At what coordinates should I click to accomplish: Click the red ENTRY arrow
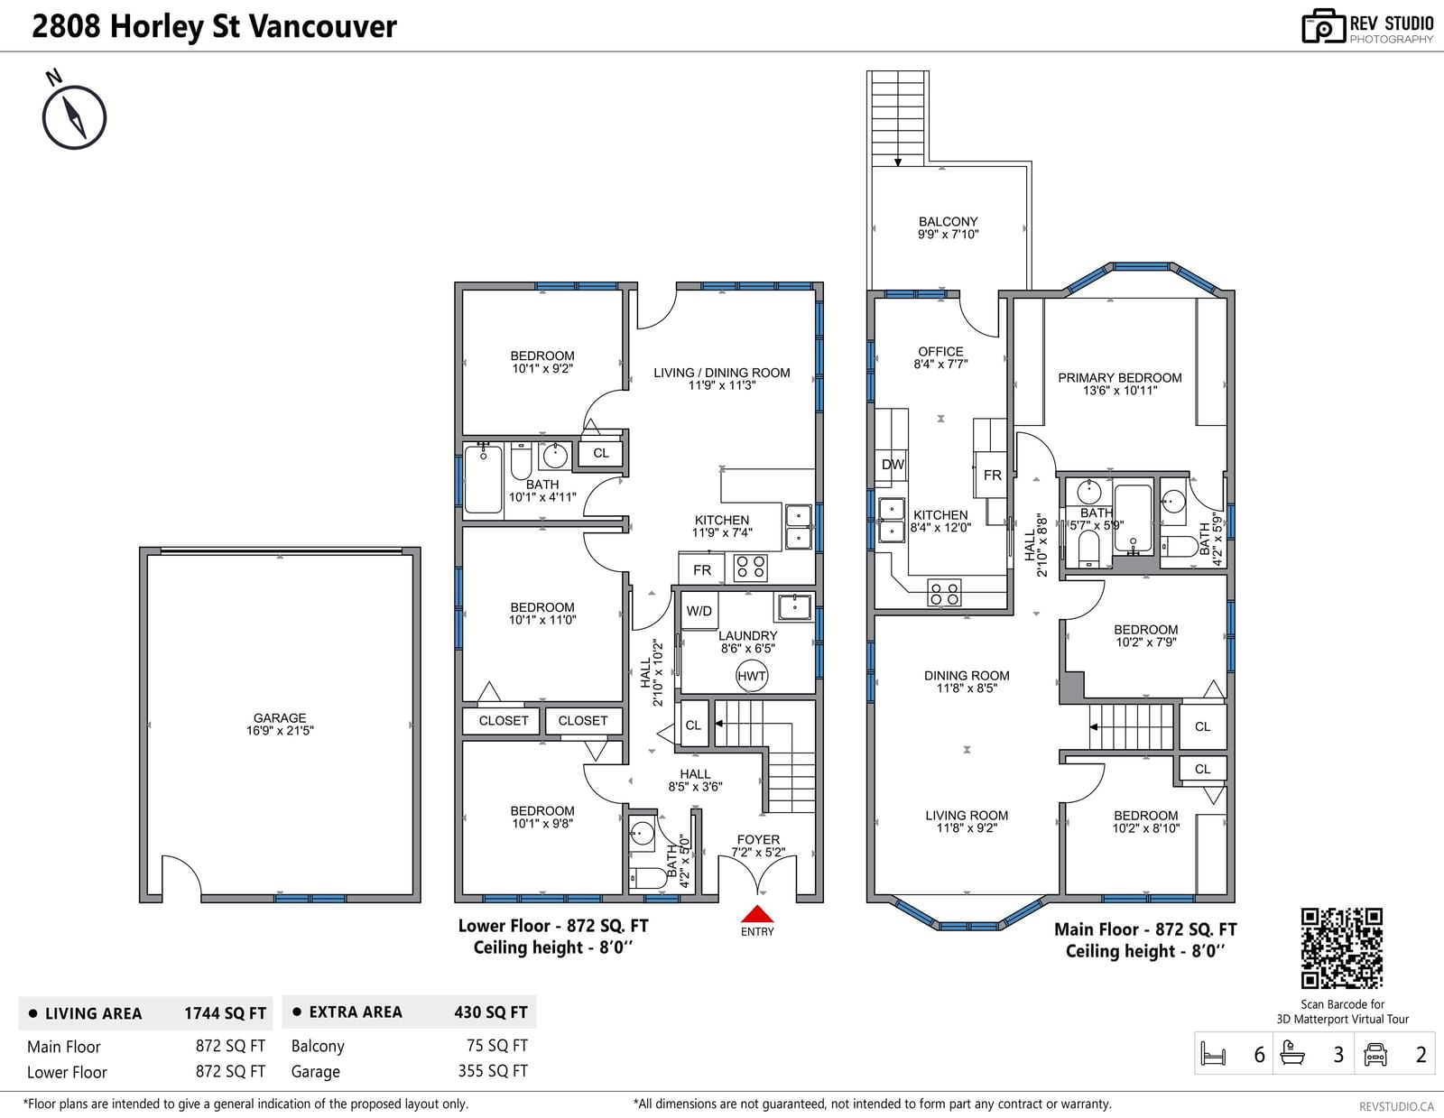click(x=757, y=913)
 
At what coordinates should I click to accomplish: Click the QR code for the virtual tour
click(x=1342, y=948)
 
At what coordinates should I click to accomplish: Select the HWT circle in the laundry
click(x=752, y=676)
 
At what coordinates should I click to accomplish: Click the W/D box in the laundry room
click(x=699, y=611)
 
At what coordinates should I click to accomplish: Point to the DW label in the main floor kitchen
click(x=893, y=465)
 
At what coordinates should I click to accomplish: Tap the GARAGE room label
click(x=280, y=718)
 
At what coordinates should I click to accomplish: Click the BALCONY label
click(x=949, y=221)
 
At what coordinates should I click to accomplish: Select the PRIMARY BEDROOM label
click(x=1120, y=378)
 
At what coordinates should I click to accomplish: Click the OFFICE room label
click(x=940, y=351)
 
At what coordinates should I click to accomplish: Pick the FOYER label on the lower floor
click(x=758, y=840)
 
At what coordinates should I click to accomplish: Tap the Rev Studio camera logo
click(x=1322, y=26)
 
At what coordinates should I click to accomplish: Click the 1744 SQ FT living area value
click(x=225, y=1013)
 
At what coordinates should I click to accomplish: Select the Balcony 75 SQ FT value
click(x=496, y=1046)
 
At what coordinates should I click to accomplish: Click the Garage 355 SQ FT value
click(x=493, y=1071)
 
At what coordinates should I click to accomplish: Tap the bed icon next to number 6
click(x=1214, y=1054)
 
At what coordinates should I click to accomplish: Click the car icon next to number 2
click(x=1375, y=1054)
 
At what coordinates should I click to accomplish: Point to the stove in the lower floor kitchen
click(x=750, y=568)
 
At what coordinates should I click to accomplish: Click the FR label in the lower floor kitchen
click(x=702, y=570)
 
